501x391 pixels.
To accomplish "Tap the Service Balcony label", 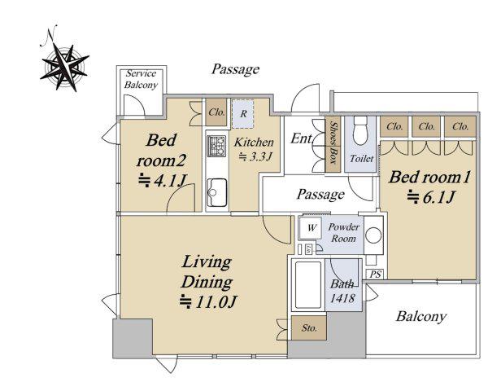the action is [141, 79].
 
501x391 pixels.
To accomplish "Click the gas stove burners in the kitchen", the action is [216, 146].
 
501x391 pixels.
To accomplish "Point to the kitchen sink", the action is [217, 192].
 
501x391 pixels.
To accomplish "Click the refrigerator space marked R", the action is [243, 114].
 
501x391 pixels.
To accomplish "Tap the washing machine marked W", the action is [310, 227].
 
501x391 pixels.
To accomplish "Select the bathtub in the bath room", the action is [307, 285].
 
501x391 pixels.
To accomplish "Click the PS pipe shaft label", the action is [376, 275].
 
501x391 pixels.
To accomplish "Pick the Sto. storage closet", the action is [309, 328].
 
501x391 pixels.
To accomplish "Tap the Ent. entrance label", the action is [301, 138].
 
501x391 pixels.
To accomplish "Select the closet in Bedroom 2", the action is [216, 112].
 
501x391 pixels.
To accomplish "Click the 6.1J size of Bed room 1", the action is [430, 197].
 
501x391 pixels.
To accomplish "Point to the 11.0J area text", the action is [208, 301].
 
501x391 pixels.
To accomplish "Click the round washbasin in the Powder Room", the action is [373, 235].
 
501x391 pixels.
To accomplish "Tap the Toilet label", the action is [361, 158].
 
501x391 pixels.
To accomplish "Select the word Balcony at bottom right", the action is [420, 316].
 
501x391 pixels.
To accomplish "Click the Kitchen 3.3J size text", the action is [255, 156].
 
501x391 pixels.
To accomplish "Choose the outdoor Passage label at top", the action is [236, 69].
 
